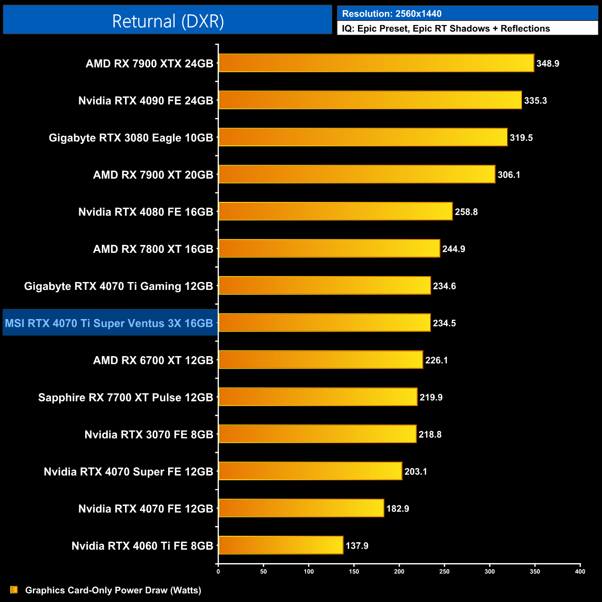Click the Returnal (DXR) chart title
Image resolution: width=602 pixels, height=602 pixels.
pos(168,21)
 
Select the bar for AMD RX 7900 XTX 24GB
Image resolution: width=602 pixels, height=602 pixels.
pos(376,63)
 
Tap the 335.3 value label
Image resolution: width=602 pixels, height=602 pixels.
pos(535,100)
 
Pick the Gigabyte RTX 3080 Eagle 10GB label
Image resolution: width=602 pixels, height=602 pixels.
pos(131,138)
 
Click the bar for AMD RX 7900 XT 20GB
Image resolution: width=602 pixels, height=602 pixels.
pos(357,174)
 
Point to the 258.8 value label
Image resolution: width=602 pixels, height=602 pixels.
pos(466,212)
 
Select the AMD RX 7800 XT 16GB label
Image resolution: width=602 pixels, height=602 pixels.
pos(153,249)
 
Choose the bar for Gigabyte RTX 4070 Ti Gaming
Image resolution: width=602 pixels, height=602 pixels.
pos(325,285)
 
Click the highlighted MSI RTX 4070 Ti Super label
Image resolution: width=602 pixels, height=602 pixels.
pos(109,323)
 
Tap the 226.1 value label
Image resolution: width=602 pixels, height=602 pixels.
pos(436,360)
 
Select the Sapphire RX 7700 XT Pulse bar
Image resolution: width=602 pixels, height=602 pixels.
pos(318,397)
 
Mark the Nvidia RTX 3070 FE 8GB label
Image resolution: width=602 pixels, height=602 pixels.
pos(149,434)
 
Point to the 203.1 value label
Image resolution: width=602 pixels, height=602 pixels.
pos(415,471)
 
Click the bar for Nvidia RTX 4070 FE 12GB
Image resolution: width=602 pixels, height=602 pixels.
pos(301,508)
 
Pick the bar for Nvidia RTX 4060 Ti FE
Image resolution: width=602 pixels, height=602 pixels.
pos(281,545)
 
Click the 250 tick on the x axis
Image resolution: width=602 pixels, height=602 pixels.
pos(444,571)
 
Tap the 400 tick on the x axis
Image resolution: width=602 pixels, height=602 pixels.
pos(580,571)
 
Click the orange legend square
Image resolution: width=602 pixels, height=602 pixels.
pos(14,589)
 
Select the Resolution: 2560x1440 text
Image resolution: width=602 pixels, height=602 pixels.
pos(392,14)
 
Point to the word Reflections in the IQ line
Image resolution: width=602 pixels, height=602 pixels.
pos(525,29)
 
